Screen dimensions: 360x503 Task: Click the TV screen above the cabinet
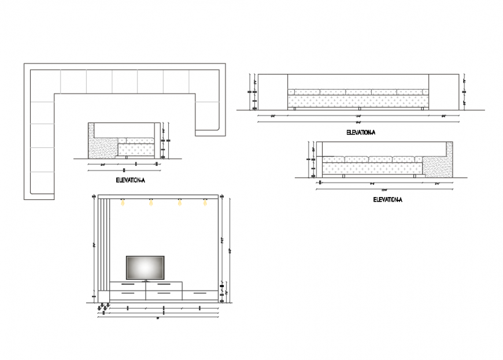(x=145, y=268)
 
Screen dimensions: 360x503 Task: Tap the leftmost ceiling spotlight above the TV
(x=122, y=202)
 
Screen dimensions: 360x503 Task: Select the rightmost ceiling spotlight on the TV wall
(x=205, y=202)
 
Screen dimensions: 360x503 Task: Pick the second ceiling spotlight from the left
(x=151, y=202)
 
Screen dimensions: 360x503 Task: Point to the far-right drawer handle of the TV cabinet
(x=199, y=294)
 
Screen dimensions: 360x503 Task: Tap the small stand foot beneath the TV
(x=145, y=281)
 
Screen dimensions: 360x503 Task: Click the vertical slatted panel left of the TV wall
(x=103, y=243)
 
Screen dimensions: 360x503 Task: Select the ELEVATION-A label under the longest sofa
(x=360, y=132)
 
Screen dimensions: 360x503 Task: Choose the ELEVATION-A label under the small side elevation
(x=130, y=180)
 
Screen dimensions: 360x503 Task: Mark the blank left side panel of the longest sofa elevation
(x=272, y=91)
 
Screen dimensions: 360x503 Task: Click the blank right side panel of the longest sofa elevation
(x=443, y=91)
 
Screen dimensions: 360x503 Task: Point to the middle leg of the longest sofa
(x=358, y=108)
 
